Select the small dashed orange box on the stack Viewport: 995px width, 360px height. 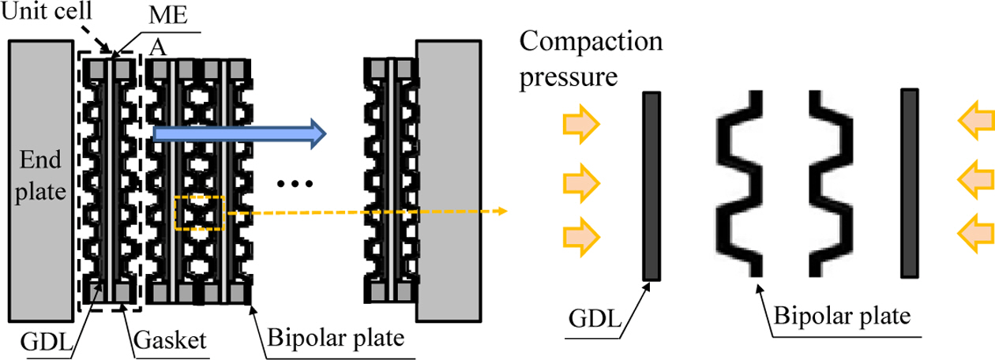pos(200,212)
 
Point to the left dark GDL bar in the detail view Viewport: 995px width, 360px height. pos(651,186)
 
